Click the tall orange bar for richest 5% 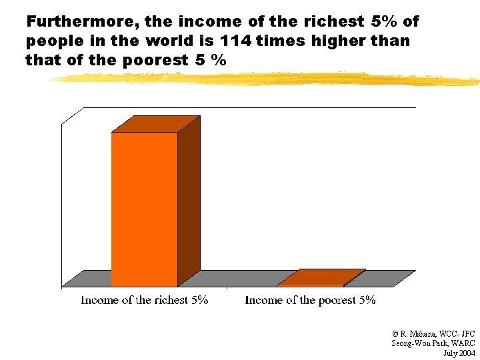[144, 209]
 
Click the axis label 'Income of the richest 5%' [145, 300]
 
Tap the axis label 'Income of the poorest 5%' [310, 300]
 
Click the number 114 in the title [235, 41]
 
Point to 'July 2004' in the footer [459, 352]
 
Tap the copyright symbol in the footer [395, 333]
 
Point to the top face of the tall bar [156, 124]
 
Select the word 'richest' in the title [337, 21]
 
